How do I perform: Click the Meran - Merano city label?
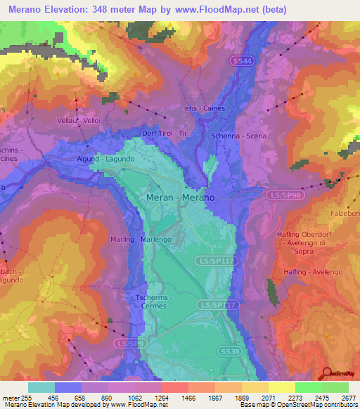click(180, 199)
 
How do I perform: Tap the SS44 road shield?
click(240, 61)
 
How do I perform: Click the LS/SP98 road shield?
click(285, 194)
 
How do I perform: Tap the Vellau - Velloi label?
click(79, 121)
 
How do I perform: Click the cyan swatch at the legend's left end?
click(41, 387)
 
